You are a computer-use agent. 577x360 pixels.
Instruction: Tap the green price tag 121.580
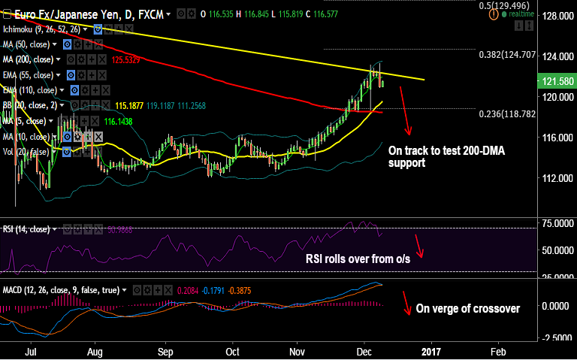tap(557, 80)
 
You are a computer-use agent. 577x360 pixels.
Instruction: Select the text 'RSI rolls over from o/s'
tap(357, 259)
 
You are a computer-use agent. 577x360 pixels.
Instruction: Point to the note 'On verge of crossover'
tap(467, 308)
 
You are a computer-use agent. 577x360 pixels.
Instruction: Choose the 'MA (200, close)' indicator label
tap(31, 59)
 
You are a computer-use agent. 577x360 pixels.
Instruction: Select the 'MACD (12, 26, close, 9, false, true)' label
tap(63, 289)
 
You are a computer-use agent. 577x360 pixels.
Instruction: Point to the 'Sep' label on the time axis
tap(166, 351)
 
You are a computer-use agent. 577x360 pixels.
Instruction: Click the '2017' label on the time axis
tap(431, 351)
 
